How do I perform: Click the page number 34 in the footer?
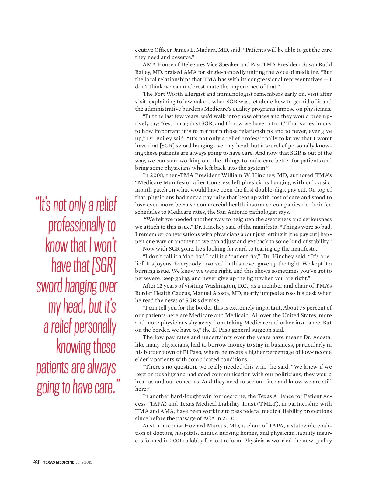(x=36, y=462)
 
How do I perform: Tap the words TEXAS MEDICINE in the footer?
(x=59, y=462)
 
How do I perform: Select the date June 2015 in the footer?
(x=84, y=462)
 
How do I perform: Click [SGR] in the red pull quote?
(x=104, y=266)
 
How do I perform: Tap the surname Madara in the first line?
(x=207, y=50)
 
